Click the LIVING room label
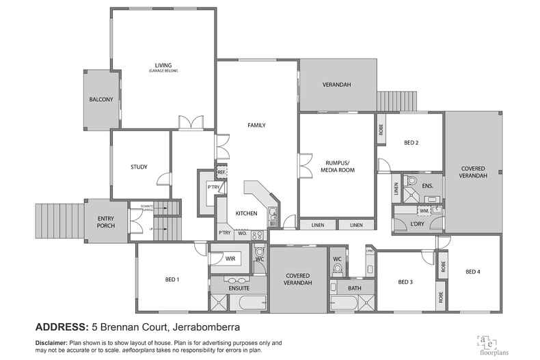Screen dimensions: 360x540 click(x=163, y=66)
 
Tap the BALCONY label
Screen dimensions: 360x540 click(x=100, y=100)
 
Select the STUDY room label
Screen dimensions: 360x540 click(x=139, y=167)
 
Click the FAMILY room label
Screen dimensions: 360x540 click(x=256, y=125)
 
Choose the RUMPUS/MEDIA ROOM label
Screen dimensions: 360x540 click(x=338, y=165)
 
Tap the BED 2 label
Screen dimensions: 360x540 click(x=411, y=143)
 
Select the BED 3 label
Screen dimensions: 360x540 click(x=406, y=281)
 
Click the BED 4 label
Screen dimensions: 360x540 click(x=473, y=272)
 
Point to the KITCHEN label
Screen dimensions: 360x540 click(x=246, y=214)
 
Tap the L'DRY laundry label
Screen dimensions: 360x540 click(x=418, y=224)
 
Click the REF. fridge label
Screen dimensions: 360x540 click(x=221, y=172)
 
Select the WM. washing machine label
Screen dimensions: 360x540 click(x=424, y=211)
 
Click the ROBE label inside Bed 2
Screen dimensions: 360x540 click(x=380, y=129)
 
